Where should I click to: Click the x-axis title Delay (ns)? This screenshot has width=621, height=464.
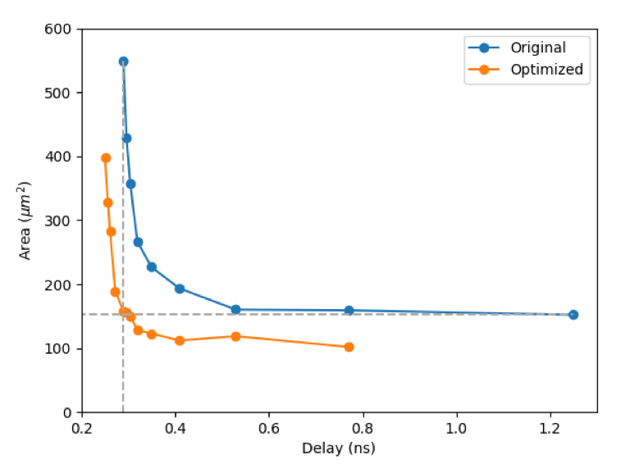338,448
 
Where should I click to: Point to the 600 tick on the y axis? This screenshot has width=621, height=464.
62,30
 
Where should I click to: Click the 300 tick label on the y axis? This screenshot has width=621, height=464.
62,221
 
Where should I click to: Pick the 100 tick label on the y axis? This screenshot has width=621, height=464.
62,348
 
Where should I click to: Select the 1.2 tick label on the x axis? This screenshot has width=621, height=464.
550,428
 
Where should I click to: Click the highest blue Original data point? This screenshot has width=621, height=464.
123,61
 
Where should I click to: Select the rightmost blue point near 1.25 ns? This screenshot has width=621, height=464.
573,315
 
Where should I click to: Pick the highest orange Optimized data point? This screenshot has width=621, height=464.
106,158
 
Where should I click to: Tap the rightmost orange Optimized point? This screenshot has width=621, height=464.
349,347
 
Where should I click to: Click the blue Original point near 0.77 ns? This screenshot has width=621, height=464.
349,311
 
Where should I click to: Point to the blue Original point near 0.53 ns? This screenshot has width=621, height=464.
235,310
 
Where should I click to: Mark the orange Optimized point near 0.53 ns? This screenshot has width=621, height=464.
235,336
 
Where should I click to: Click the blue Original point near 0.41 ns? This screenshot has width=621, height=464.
180,289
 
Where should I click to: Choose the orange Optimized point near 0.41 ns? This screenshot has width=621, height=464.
180,340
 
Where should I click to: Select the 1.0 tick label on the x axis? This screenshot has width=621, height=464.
456,428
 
